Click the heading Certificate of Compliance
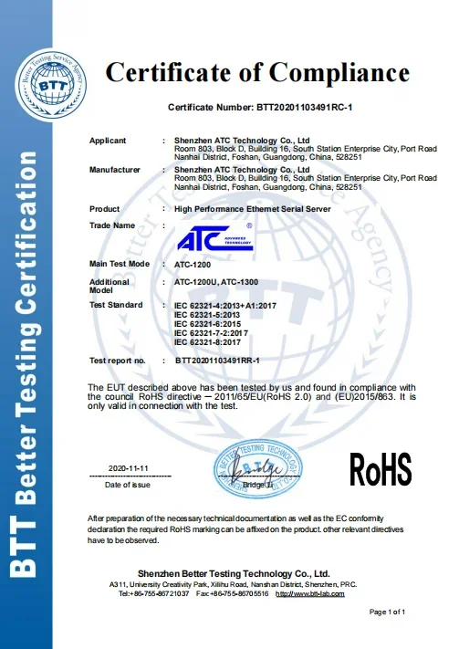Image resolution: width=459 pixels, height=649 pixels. coord(257,72)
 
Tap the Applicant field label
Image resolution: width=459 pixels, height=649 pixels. coord(108,140)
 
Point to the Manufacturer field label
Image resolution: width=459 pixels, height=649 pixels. coord(115,170)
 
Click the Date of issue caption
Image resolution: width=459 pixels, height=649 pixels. coord(127,485)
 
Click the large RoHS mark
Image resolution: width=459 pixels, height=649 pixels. coord(381,469)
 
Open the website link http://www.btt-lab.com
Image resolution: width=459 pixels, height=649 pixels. coord(310,594)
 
